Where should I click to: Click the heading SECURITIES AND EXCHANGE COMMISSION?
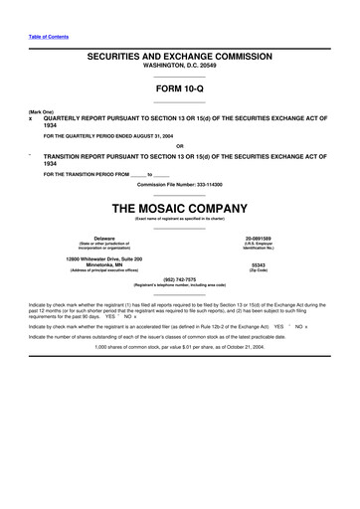pos(179,59)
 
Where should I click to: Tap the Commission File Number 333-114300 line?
pos(179,185)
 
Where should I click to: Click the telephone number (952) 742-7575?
pos(179,279)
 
